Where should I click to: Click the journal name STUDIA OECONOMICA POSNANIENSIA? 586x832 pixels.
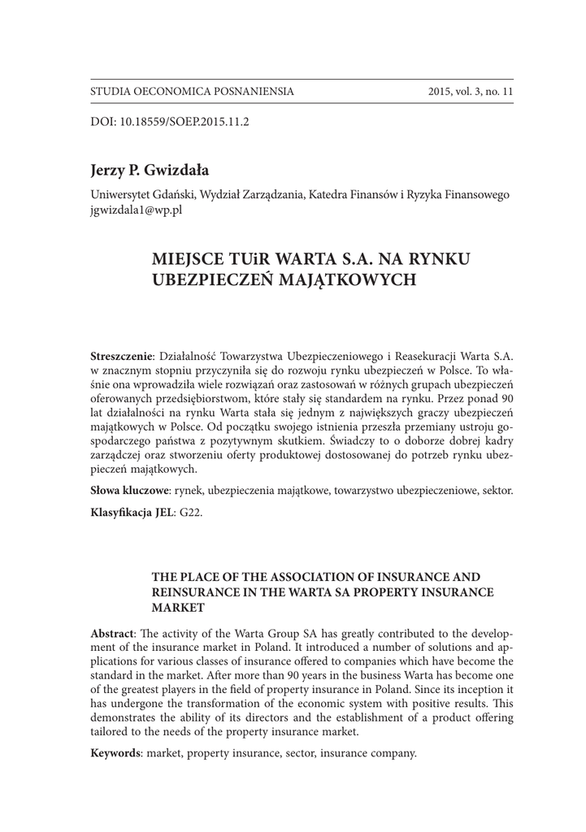click(x=192, y=92)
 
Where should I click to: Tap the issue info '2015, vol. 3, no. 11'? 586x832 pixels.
click(x=471, y=92)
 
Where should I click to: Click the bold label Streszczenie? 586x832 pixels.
click(x=122, y=357)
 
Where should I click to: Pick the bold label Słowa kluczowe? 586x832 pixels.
click(x=129, y=491)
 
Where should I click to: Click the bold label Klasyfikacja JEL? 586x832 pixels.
click(x=128, y=514)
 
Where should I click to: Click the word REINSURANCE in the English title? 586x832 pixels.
click(x=196, y=591)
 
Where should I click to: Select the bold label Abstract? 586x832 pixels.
click(x=112, y=633)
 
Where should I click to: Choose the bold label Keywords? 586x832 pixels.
click(x=115, y=753)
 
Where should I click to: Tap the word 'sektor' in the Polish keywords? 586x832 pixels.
click(x=494, y=491)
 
